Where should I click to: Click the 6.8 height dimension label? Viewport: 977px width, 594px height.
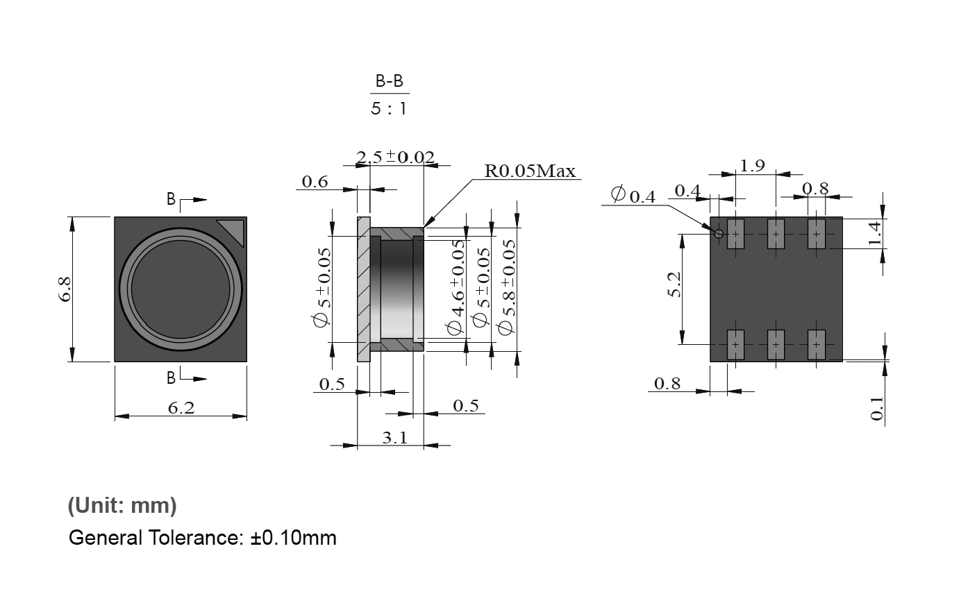pyautogui.click(x=65, y=289)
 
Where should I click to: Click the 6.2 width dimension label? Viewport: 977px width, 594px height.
pyautogui.click(x=181, y=408)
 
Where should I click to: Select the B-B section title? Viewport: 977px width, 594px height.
pyautogui.click(x=389, y=82)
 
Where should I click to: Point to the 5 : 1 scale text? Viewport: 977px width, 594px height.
pyautogui.click(x=389, y=109)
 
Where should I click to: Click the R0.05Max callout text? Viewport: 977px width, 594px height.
pyautogui.click(x=531, y=171)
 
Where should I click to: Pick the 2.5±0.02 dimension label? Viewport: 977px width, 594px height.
pyautogui.click(x=395, y=157)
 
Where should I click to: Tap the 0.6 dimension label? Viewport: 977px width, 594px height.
pyautogui.click(x=315, y=182)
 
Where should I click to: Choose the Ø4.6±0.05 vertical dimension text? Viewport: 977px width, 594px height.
pyautogui.click(x=456, y=287)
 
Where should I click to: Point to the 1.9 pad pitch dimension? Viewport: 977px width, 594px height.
pyautogui.click(x=752, y=165)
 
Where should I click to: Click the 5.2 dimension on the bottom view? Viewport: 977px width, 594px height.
pyautogui.click(x=674, y=285)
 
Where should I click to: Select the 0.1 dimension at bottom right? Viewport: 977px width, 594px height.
pyautogui.click(x=876, y=408)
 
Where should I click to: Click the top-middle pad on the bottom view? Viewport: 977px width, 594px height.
pyautogui.click(x=776, y=234)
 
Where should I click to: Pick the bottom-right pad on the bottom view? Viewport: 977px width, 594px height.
pyautogui.click(x=817, y=344)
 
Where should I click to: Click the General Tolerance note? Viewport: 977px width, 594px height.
pyautogui.click(x=202, y=537)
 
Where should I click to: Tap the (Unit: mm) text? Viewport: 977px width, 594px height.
pyautogui.click(x=122, y=506)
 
